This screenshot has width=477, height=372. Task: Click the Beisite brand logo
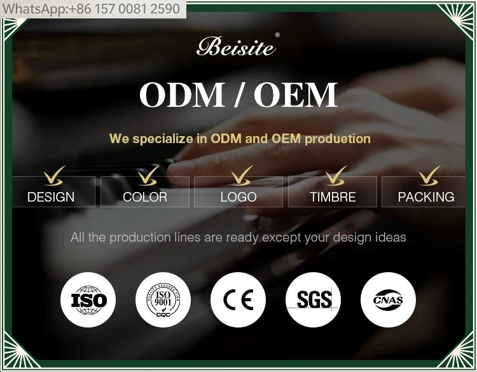(x=237, y=46)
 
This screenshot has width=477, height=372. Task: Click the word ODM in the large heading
(x=182, y=94)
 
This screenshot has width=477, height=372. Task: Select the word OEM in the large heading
(x=296, y=94)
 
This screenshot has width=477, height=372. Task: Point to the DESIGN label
(x=51, y=197)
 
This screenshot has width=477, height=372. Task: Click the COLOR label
(x=145, y=197)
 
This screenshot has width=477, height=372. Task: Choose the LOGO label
(x=238, y=197)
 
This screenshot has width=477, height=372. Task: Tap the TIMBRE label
(x=333, y=197)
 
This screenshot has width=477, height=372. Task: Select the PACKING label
(x=426, y=197)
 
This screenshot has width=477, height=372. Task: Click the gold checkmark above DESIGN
(x=54, y=176)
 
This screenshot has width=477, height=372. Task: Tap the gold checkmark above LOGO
(x=242, y=176)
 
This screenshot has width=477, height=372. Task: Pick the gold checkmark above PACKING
(x=429, y=176)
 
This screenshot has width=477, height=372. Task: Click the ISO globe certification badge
(x=88, y=300)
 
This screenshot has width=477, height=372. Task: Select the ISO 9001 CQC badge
(x=163, y=300)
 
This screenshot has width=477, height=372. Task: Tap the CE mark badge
(x=238, y=300)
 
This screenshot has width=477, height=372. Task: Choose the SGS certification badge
(x=313, y=300)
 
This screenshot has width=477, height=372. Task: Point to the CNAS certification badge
(x=388, y=300)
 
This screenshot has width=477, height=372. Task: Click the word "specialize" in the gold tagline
(x=164, y=139)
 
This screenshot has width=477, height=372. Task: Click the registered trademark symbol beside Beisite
(x=277, y=35)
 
